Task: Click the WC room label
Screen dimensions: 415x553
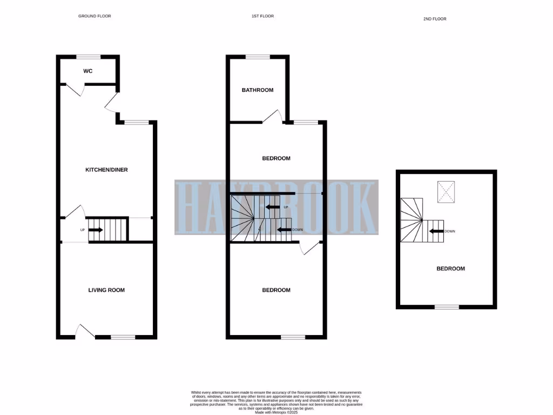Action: tap(88, 71)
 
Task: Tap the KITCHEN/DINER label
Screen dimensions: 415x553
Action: tap(106, 170)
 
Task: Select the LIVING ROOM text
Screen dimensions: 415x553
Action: tap(106, 290)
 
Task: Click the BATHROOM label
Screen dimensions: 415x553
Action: tap(258, 90)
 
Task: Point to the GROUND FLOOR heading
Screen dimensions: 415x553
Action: tap(95, 16)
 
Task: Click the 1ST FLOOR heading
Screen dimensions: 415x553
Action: tap(262, 16)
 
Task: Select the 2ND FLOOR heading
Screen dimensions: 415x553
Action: tap(435, 19)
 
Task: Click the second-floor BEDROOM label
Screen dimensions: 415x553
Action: tap(450, 269)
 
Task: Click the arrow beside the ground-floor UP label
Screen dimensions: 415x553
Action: tap(96, 230)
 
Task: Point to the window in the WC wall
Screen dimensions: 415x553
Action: tap(88, 56)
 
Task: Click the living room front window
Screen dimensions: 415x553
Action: tap(123, 337)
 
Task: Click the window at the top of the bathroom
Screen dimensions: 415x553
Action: tap(258, 56)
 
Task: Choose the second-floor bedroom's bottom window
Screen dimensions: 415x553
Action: tap(447, 307)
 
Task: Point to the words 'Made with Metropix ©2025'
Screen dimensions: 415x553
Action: tap(276, 412)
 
